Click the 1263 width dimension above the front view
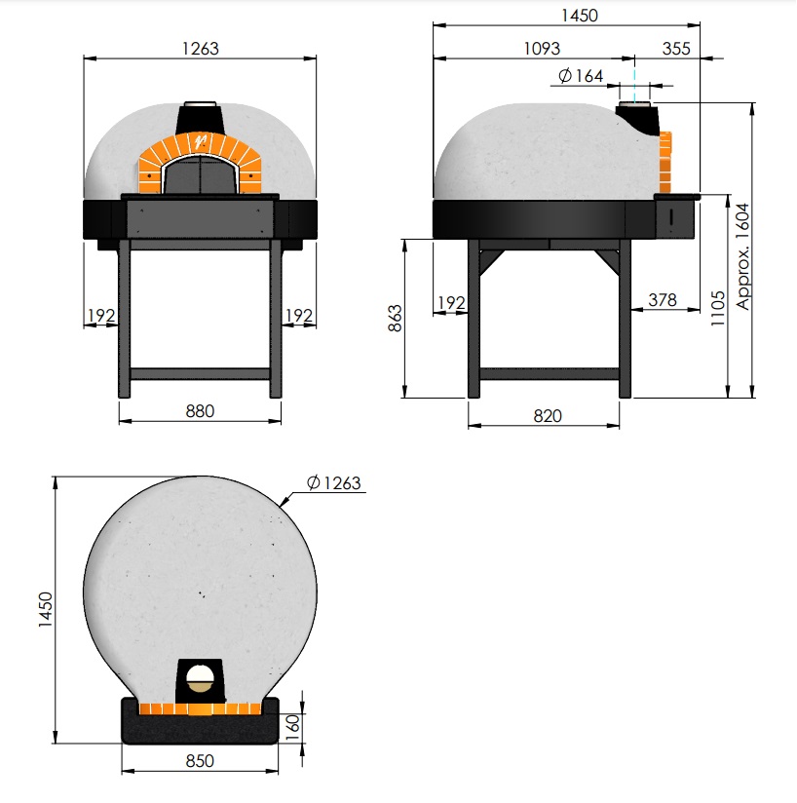coord(200,49)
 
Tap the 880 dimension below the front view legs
coord(200,411)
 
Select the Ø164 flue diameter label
coord(581,76)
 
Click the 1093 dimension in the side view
coord(542,49)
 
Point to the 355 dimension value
coord(676,49)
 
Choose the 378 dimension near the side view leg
coord(663,300)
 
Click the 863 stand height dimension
coord(396,318)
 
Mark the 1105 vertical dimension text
coord(718,308)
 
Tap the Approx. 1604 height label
coord(742,256)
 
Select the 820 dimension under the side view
coord(548,416)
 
